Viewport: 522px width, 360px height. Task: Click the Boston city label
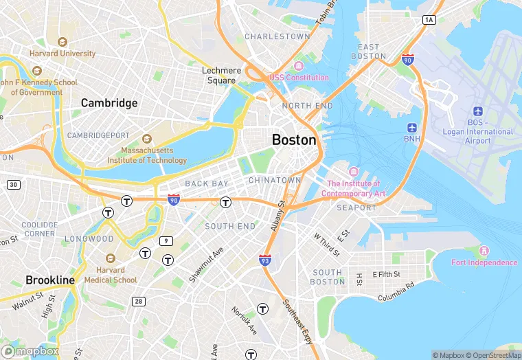pyautogui.click(x=294, y=139)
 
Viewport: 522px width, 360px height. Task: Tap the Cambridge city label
pyautogui.click(x=109, y=103)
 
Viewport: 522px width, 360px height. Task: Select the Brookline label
pyautogui.click(x=50, y=280)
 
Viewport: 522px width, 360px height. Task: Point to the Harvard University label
pyautogui.click(x=63, y=54)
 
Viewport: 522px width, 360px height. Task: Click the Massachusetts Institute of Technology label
pyautogui.click(x=146, y=155)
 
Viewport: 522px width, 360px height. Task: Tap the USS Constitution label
pyautogui.click(x=299, y=78)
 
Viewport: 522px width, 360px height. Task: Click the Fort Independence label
pyautogui.click(x=484, y=262)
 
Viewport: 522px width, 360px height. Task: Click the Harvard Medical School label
pyautogui.click(x=111, y=275)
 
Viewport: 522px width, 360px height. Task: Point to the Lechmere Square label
pyautogui.click(x=222, y=75)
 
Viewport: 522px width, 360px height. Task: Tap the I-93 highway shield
pyautogui.click(x=264, y=260)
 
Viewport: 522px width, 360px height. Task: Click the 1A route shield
pyautogui.click(x=429, y=20)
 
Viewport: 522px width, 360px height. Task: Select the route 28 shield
pyautogui.click(x=139, y=301)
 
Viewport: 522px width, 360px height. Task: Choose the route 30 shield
pyautogui.click(x=13, y=185)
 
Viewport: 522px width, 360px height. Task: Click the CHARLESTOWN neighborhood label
pyautogui.click(x=277, y=36)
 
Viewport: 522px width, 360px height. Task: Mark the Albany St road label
pyautogui.click(x=277, y=216)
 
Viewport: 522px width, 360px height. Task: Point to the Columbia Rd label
pyautogui.click(x=396, y=291)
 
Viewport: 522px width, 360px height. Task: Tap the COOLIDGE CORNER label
pyautogui.click(x=39, y=229)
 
